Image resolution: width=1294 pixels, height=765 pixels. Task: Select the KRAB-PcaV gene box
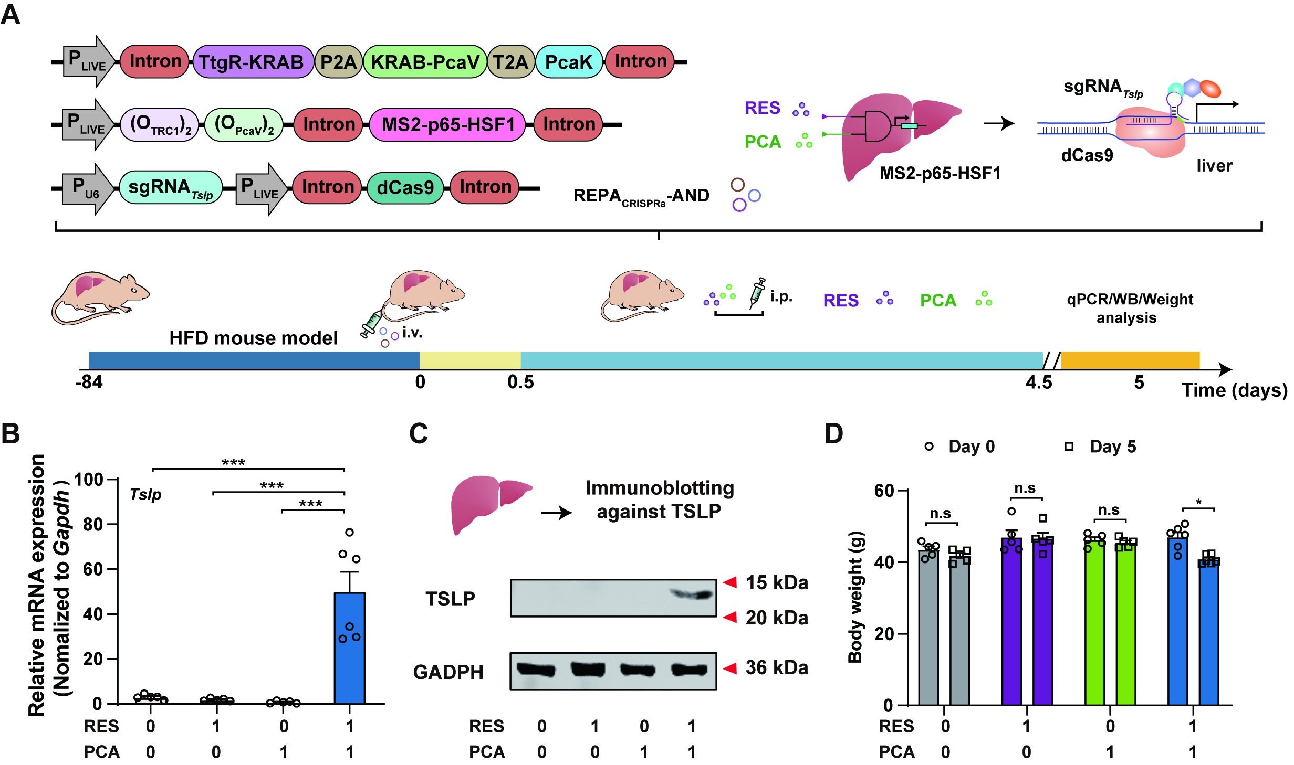(424, 62)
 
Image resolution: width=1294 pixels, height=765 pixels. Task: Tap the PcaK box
(568, 62)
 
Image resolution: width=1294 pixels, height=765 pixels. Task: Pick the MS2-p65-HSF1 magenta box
(447, 125)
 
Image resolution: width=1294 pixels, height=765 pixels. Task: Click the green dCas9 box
(405, 187)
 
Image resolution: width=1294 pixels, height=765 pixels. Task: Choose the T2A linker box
(510, 62)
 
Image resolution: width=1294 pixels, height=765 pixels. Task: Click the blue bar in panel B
(350, 648)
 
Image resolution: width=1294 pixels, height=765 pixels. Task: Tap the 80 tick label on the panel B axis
(93, 524)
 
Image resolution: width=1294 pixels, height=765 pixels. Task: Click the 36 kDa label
(776, 668)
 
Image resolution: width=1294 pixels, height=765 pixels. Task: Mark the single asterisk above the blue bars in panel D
(1199, 502)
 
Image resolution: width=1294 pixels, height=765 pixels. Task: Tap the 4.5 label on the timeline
(1039, 383)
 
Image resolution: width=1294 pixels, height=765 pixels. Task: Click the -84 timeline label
(89, 382)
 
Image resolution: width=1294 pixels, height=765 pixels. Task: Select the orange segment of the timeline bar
(1130, 360)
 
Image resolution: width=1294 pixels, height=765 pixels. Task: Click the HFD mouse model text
(253, 338)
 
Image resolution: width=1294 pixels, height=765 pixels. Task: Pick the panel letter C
(418, 434)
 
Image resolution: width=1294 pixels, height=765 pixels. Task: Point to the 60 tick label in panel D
(884, 491)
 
